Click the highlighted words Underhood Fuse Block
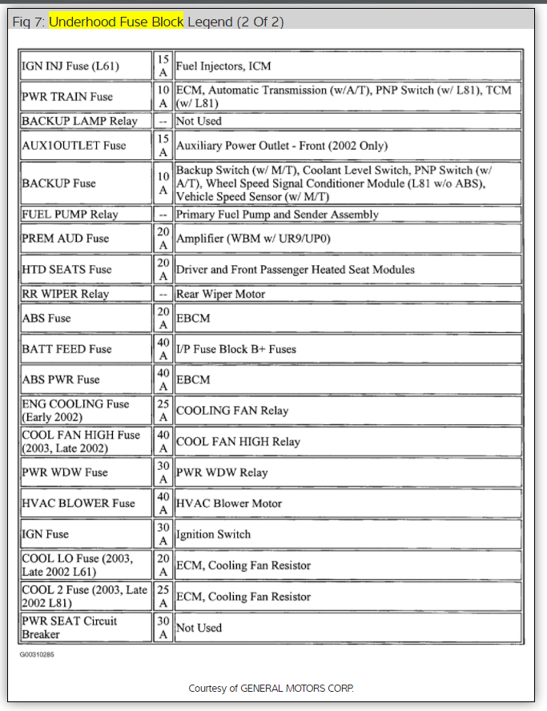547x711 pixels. [x=117, y=21]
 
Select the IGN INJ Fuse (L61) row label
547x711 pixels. [x=70, y=66]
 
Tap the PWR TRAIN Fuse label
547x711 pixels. [x=67, y=97]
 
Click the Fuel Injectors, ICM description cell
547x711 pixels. [x=226, y=66]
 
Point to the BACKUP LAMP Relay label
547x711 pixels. [x=79, y=121]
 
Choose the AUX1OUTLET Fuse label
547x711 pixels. [x=74, y=146]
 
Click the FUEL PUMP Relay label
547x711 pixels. [x=70, y=215]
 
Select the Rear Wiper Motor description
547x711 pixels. [x=222, y=294]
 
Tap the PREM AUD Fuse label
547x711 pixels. [x=65, y=239]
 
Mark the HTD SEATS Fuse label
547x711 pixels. [x=66, y=270]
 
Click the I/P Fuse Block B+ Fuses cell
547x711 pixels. [x=237, y=349]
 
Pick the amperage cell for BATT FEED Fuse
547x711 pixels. [x=163, y=349]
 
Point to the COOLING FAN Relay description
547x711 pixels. [x=232, y=411]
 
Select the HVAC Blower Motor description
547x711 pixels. [x=229, y=504]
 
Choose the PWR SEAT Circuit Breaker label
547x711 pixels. [x=69, y=628]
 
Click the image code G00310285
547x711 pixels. [x=38, y=654]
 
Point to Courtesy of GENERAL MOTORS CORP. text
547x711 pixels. [x=271, y=689]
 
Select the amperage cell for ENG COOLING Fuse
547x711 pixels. [x=163, y=411]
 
